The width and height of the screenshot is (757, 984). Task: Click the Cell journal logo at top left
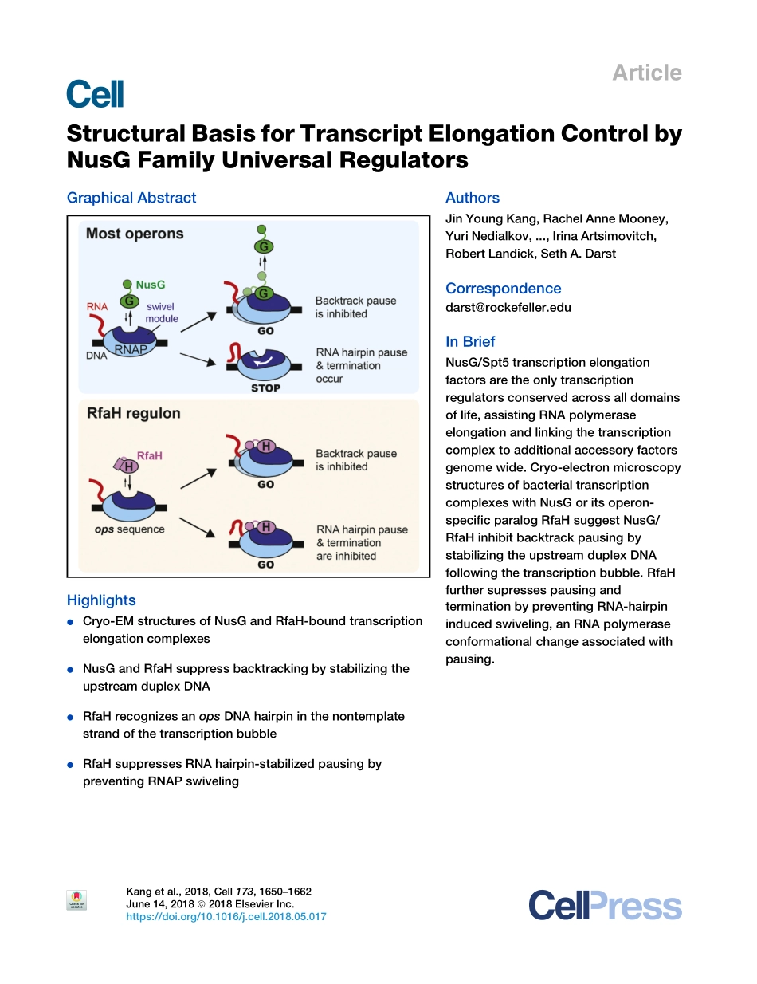click(x=96, y=94)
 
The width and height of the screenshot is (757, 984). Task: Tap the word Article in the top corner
click(x=646, y=73)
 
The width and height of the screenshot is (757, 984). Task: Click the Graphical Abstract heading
click(x=131, y=198)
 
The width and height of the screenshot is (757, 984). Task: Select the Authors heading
click(x=473, y=198)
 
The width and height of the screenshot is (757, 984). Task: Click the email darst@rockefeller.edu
click(x=508, y=307)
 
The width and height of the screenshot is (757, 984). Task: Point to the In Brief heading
click(x=470, y=341)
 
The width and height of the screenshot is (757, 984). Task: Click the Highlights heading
click(x=101, y=600)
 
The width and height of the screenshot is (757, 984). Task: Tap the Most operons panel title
click(x=135, y=234)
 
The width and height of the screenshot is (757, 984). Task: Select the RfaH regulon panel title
click(x=133, y=413)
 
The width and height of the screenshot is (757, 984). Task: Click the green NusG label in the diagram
click(x=151, y=285)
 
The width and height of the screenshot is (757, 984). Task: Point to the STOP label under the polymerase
click(x=265, y=388)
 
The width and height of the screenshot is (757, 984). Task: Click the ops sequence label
click(x=129, y=529)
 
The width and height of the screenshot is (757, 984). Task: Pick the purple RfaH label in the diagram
click(x=150, y=455)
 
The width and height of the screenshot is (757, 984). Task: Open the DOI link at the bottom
click(x=226, y=917)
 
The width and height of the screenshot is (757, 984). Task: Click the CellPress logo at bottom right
click(x=605, y=907)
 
